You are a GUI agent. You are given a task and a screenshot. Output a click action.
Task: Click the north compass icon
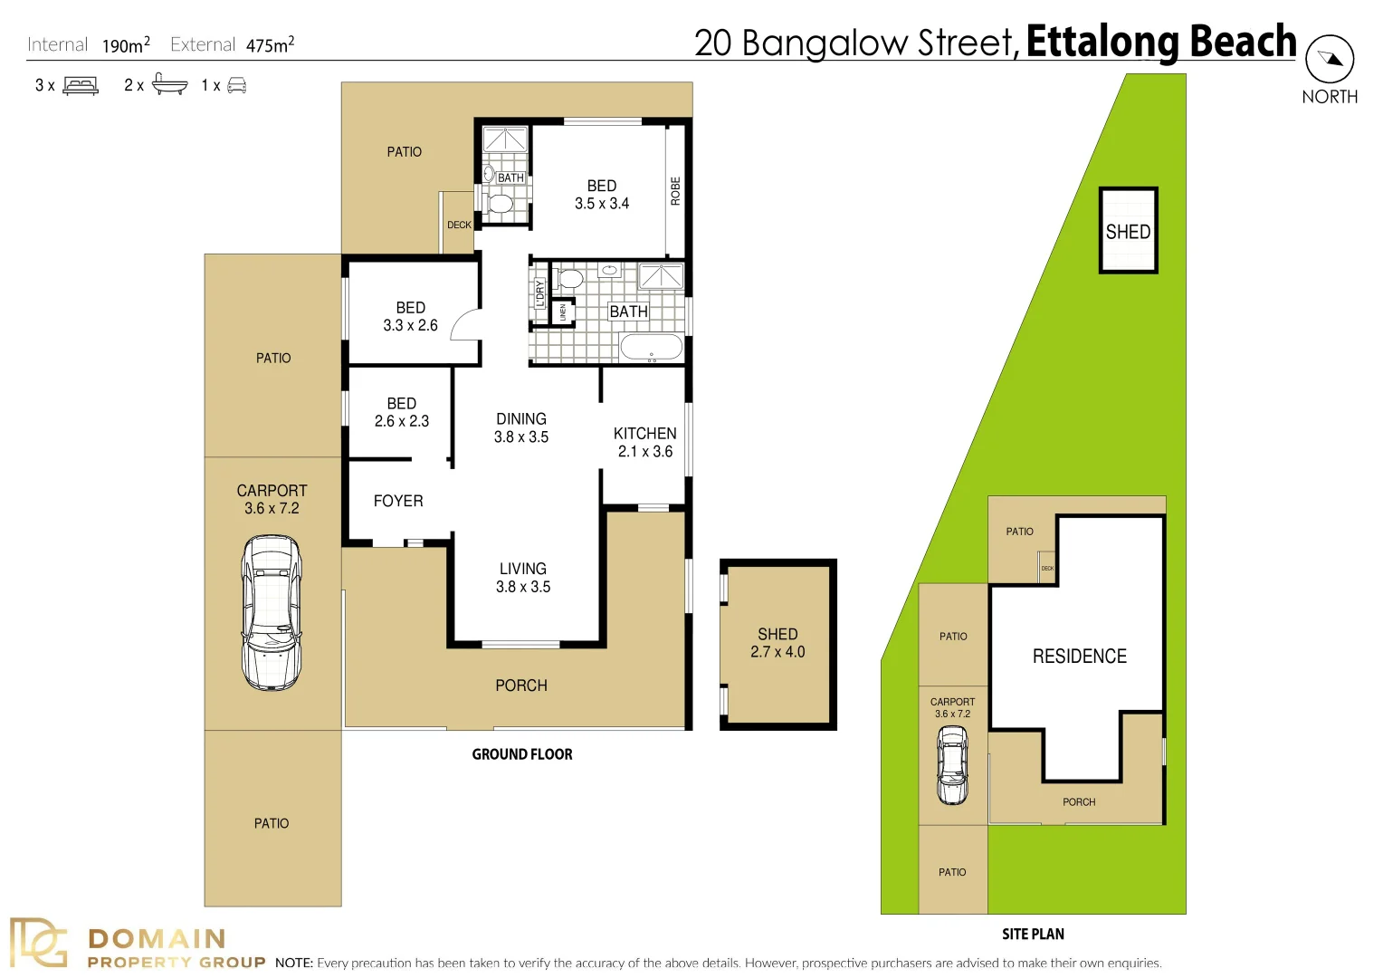click(1330, 59)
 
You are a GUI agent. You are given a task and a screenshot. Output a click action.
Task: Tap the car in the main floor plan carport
click(272, 612)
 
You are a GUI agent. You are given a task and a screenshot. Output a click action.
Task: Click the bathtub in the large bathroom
click(651, 348)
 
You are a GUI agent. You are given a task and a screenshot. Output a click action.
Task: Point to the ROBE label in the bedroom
click(675, 191)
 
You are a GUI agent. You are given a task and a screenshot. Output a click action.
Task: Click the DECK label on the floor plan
click(459, 225)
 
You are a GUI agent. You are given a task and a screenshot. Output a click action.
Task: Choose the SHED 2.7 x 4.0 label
click(777, 643)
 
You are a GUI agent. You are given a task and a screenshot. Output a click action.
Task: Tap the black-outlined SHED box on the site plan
click(1128, 231)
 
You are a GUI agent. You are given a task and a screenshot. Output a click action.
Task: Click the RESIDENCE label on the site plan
click(1079, 657)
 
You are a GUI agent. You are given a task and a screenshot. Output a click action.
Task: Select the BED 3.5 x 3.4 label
click(602, 195)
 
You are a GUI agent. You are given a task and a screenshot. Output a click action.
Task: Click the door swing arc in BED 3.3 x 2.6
click(465, 324)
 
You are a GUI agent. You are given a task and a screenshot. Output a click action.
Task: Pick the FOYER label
click(398, 501)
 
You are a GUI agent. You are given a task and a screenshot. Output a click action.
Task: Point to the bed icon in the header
click(81, 86)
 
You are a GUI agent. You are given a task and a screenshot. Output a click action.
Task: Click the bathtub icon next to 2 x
click(169, 85)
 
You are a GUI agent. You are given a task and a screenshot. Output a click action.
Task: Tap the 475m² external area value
click(270, 45)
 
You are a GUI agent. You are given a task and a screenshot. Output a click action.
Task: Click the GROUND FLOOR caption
click(522, 754)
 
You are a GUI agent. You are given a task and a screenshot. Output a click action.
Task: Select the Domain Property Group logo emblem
click(38, 944)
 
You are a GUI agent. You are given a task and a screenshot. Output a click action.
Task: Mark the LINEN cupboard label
click(563, 312)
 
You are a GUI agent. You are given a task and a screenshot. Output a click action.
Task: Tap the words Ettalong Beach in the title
click(1160, 42)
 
